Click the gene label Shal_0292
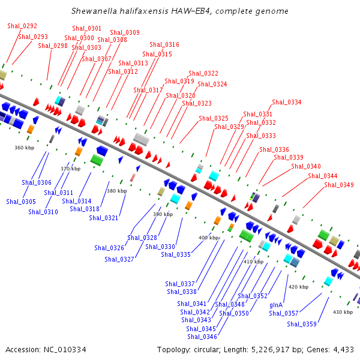pyautogui.click(x=22, y=26)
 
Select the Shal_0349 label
pyautogui.click(x=338, y=185)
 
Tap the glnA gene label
pyautogui.click(x=276, y=305)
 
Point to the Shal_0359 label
pyautogui.click(x=301, y=324)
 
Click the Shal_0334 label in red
pyautogui.click(x=286, y=102)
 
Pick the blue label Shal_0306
pyautogui.click(x=37, y=182)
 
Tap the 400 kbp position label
pyautogui.click(x=209, y=238)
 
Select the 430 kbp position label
pyautogui.click(x=343, y=312)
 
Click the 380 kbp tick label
pyautogui.click(x=116, y=191)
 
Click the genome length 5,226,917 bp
pyautogui.click(x=268, y=349)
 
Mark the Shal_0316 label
pyautogui.click(x=164, y=44)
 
